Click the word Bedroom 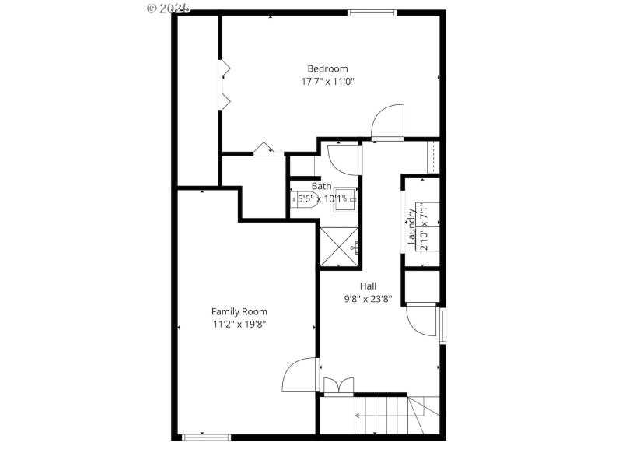(327, 68)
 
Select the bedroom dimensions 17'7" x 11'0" (327, 81)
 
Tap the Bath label (321, 186)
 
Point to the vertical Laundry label (412, 226)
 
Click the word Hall (369, 286)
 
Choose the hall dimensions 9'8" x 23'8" (369, 298)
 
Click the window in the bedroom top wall (372, 12)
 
